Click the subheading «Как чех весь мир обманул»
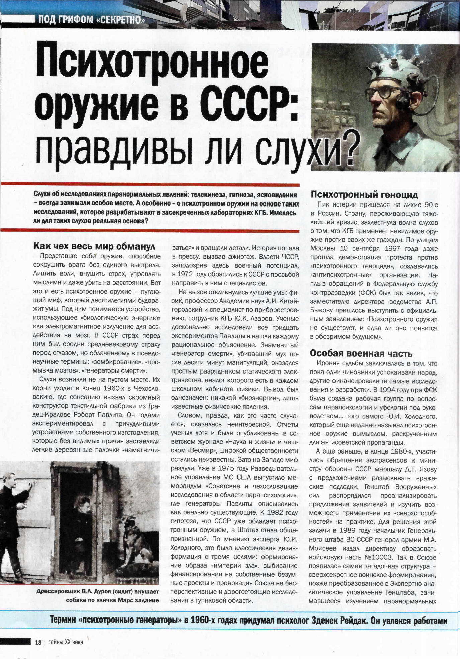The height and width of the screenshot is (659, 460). tap(94, 247)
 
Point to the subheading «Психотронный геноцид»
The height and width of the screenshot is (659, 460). tap(364, 194)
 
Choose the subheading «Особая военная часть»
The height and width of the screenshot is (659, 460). tap(361, 353)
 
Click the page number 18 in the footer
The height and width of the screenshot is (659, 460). tap(38, 642)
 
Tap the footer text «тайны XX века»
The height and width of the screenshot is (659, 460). tap(66, 642)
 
